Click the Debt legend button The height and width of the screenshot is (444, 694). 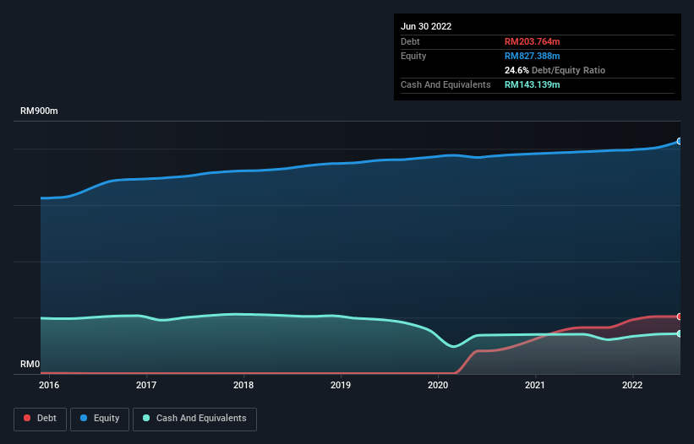tap(40, 418)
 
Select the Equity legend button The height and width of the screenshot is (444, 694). tap(98, 418)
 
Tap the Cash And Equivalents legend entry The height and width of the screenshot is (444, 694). tap(194, 418)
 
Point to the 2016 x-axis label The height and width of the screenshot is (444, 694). tap(49, 386)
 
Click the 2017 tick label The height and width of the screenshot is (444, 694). tap(146, 386)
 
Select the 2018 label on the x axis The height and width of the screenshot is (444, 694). tap(243, 386)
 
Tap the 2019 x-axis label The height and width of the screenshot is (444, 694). tap(341, 386)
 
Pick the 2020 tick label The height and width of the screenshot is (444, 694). tap(438, 386)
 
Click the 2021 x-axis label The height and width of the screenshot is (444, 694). tap(535, 386)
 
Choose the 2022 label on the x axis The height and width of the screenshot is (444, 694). tap(632, 386)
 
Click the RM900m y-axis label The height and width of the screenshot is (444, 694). tap(39, 111)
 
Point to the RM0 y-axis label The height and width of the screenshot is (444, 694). tap(30, 365)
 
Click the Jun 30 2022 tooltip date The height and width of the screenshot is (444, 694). tap(426, 26)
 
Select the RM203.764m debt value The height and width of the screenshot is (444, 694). tap(533, 41)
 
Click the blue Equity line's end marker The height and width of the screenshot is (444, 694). tap(679, 141)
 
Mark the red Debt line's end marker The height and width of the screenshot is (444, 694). tap(679, 317)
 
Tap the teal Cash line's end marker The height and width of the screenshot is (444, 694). tap(679, 333)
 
